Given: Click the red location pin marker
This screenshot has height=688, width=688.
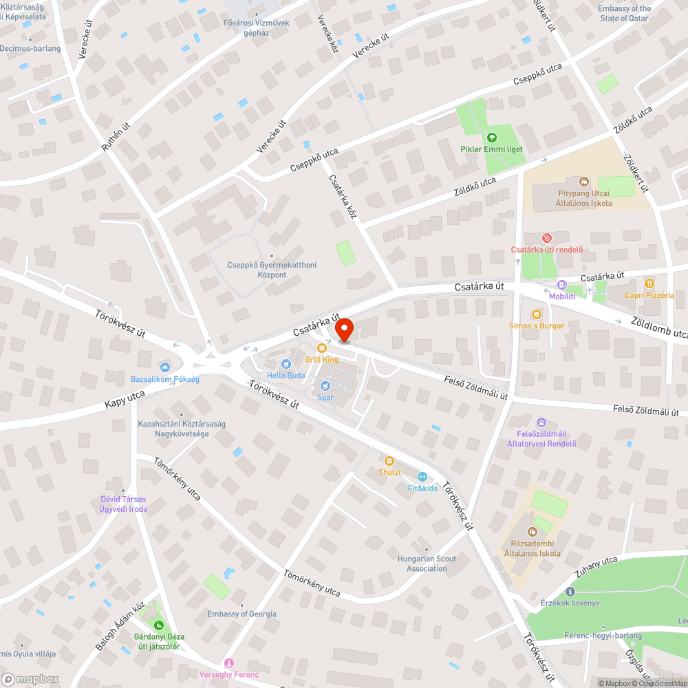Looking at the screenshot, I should click(343, 330).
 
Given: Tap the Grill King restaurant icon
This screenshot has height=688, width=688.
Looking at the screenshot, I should click(321, 348).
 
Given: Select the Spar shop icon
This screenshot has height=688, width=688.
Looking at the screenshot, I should click(325, 387).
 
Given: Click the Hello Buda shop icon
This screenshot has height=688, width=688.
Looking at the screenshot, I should click(286, 364).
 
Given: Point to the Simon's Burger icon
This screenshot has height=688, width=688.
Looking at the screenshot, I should click(537, 314).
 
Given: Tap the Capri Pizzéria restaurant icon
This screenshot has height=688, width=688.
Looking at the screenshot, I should click(649, 283).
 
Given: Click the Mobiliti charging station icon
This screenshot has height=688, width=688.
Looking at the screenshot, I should click(562, 285).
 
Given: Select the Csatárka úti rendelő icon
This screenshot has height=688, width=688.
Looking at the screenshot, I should click(547, 237).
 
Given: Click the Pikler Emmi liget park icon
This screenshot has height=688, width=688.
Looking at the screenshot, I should click(491, 138).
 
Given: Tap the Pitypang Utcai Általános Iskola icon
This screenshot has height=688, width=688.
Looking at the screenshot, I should click(584, 182).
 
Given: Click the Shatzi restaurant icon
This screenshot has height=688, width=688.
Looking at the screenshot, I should click(389, 460).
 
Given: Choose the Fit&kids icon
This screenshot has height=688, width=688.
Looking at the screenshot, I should click(422, 476).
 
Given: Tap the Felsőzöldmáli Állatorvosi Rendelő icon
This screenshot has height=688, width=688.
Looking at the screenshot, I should click(541, 422).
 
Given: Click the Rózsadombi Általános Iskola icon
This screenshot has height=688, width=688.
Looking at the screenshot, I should click(532, 532).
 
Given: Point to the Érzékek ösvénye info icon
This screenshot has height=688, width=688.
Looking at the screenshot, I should click(569, 592).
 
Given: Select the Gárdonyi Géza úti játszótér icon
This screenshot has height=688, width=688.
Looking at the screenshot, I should click(159, 625).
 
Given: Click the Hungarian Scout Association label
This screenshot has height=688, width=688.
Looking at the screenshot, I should click(427, 563).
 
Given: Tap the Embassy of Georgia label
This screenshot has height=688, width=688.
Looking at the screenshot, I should click(242, 614).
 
